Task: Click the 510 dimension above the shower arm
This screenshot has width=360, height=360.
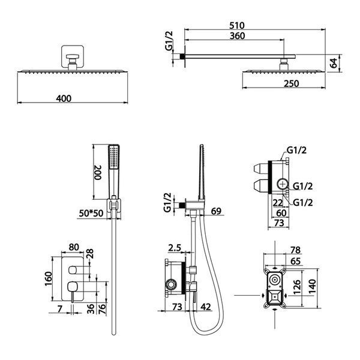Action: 237,25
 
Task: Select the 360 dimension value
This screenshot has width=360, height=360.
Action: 238,36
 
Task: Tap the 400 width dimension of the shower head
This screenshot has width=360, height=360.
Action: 64,98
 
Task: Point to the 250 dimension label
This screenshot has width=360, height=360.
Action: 291,83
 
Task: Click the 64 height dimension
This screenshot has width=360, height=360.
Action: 334,63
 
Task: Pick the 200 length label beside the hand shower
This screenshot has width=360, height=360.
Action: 98,172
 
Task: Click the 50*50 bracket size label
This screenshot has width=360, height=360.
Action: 91,213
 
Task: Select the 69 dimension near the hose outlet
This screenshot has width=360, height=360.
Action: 216,211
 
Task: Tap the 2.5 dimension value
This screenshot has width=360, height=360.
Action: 175,248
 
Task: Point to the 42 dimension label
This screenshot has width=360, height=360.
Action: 205,307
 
